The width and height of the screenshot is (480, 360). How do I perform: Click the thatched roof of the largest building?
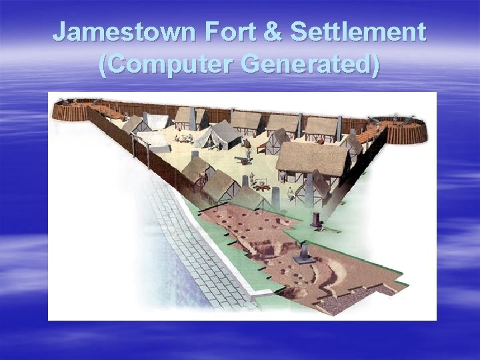[312, 157]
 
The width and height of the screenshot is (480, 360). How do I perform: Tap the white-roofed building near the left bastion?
[157, 121]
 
